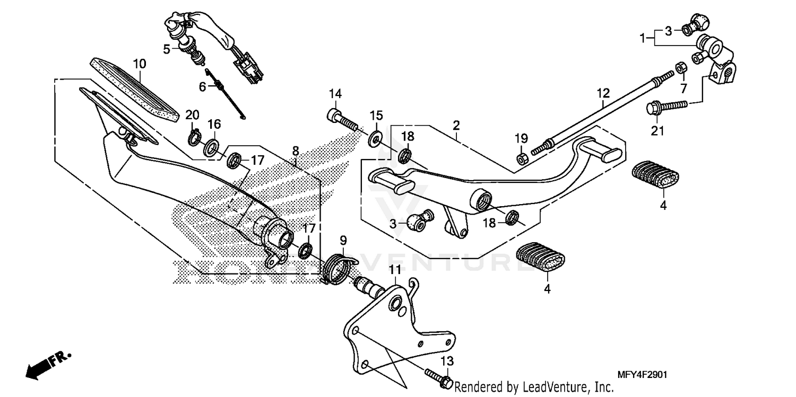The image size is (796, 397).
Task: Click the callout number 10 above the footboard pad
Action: pos(139,64)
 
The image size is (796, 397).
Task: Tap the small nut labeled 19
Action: pos(521,158)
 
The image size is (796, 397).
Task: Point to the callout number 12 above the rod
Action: pos(603,94)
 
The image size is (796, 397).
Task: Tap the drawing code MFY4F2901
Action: pos(642,375)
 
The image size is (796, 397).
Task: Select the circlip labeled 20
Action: pos(193,139)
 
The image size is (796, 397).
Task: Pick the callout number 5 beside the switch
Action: pos(167,49)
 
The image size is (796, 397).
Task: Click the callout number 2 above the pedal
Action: pos(456,126)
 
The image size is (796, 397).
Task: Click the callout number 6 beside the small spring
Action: pos(202,86)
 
